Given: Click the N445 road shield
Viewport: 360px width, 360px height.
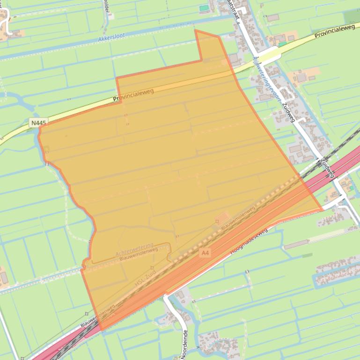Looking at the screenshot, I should coord(38,123).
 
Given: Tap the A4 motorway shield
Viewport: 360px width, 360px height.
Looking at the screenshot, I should coord(205,253).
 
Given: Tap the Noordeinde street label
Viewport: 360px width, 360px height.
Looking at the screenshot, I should coord(184,345).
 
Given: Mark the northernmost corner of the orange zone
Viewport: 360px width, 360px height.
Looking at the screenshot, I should coord(195,30).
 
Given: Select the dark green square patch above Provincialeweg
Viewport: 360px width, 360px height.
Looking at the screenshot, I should coord(352,16).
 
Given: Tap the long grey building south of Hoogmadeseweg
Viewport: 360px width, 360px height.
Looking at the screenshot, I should coord(296,244).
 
